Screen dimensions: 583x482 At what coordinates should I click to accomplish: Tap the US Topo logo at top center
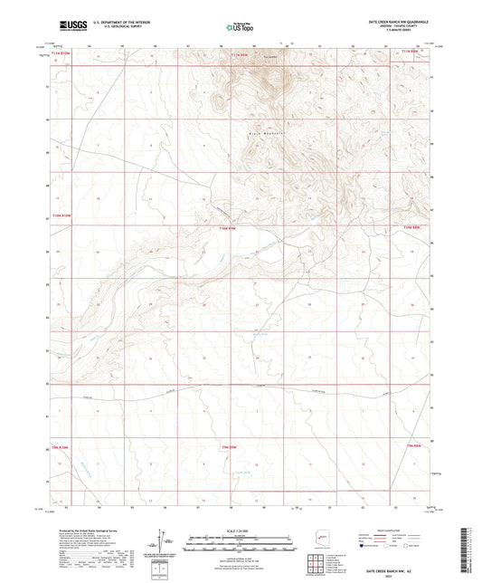240,27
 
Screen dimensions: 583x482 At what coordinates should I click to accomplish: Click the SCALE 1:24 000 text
240,530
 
